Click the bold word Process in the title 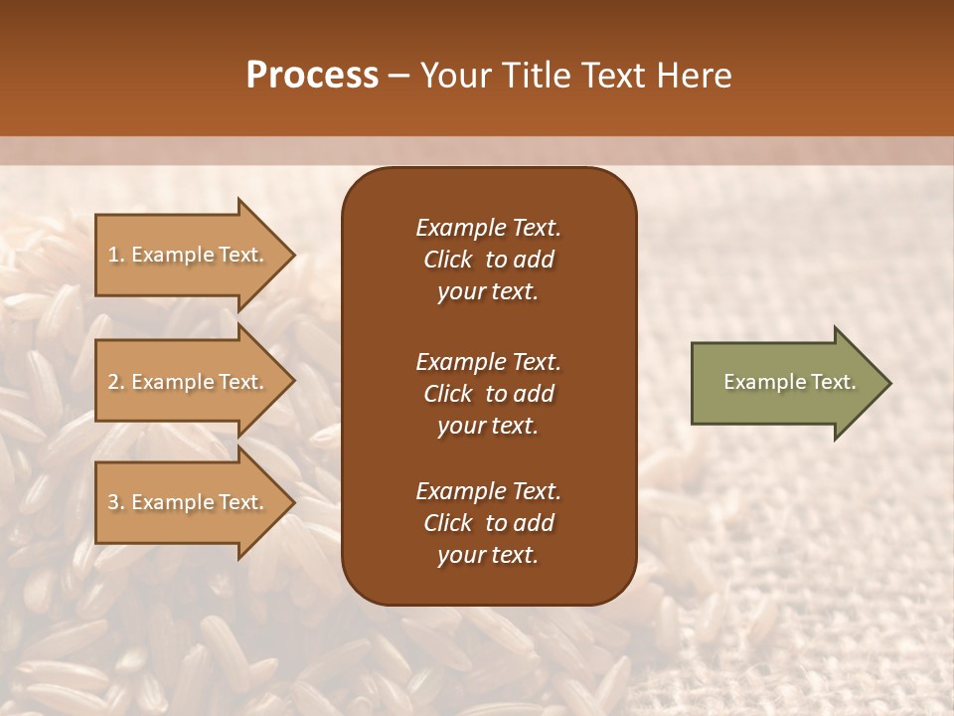tap(312, 76)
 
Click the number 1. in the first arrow tap(116, 255)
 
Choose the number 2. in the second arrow tap(116, 382)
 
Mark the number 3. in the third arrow tap(116, 502)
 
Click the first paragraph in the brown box tap(488, 260)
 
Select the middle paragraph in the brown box tap(488, 393)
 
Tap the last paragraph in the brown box tap(488, 523)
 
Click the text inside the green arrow tap(789, 382)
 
